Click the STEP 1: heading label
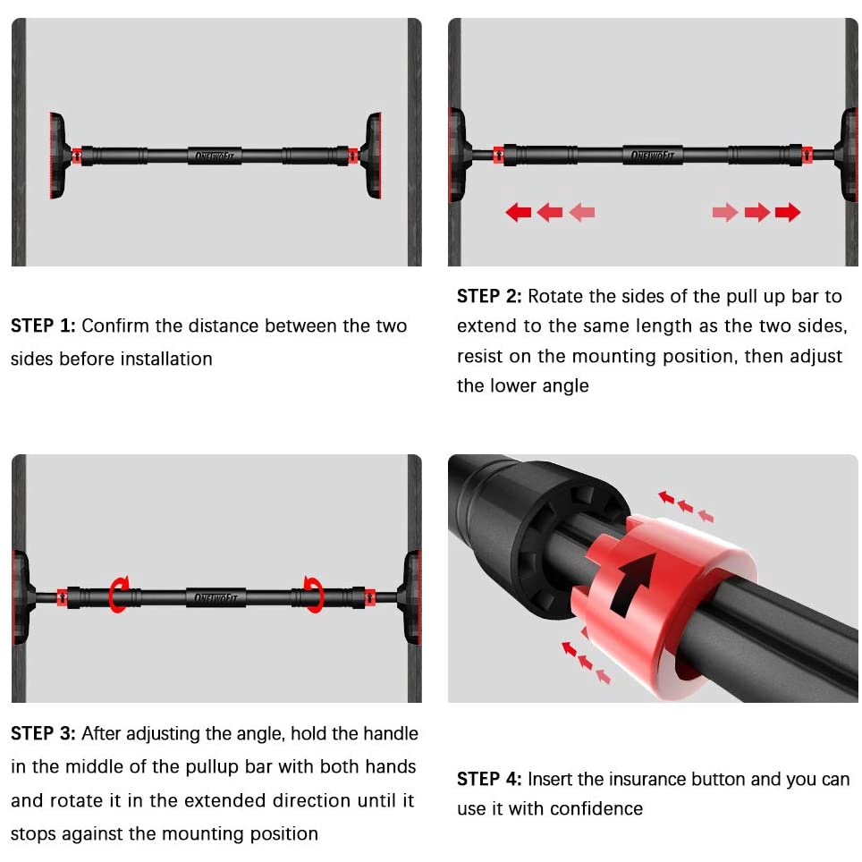pyautogui.click(x=43, y=325)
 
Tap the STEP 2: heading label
pyautogui.click(x=489, y=296)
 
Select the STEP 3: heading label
pyautogui.click(x=43, y=733)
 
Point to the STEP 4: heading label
pyautogui.click(x=489, y=779)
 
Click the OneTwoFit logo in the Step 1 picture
pyautogui.click(x=215, y=156)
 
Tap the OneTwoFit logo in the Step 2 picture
pyautogui.click(x=653, y=155)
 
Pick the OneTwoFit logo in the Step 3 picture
pyautogui.click(x=215, y=597)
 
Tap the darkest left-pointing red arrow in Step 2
pyautogui.click(x=518, y=212)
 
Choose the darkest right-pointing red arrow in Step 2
pyautogui.click(x=788, y=212)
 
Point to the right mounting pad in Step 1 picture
pyautogui.click(x=372, y=156)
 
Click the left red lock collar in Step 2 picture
pyautogui.click(x=499, y=155)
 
